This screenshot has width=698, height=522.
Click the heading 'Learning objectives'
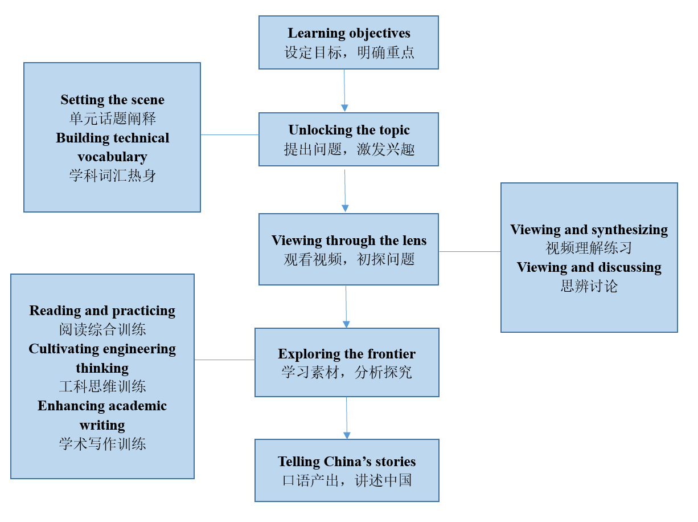348,34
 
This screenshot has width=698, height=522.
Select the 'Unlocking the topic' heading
348,130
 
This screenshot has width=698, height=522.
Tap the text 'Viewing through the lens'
348,240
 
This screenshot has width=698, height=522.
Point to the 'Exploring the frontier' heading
347,354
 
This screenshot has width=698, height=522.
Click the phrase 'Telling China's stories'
347,462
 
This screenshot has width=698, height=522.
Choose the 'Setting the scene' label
112,100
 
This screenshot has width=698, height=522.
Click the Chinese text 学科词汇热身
112,176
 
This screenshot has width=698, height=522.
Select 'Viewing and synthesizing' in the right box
589,230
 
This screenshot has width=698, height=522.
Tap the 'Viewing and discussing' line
589,267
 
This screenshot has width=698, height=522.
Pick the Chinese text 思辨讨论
589,286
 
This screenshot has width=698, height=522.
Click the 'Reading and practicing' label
102,311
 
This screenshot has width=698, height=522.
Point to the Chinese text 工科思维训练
102,386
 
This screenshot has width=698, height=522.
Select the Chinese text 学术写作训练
102,443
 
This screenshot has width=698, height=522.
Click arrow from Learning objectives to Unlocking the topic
344,91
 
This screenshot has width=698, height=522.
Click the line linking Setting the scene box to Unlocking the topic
229,135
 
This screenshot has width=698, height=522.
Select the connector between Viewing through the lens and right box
470,251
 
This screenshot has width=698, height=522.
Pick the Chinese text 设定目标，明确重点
348,52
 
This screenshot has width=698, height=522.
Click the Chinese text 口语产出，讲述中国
347,480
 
